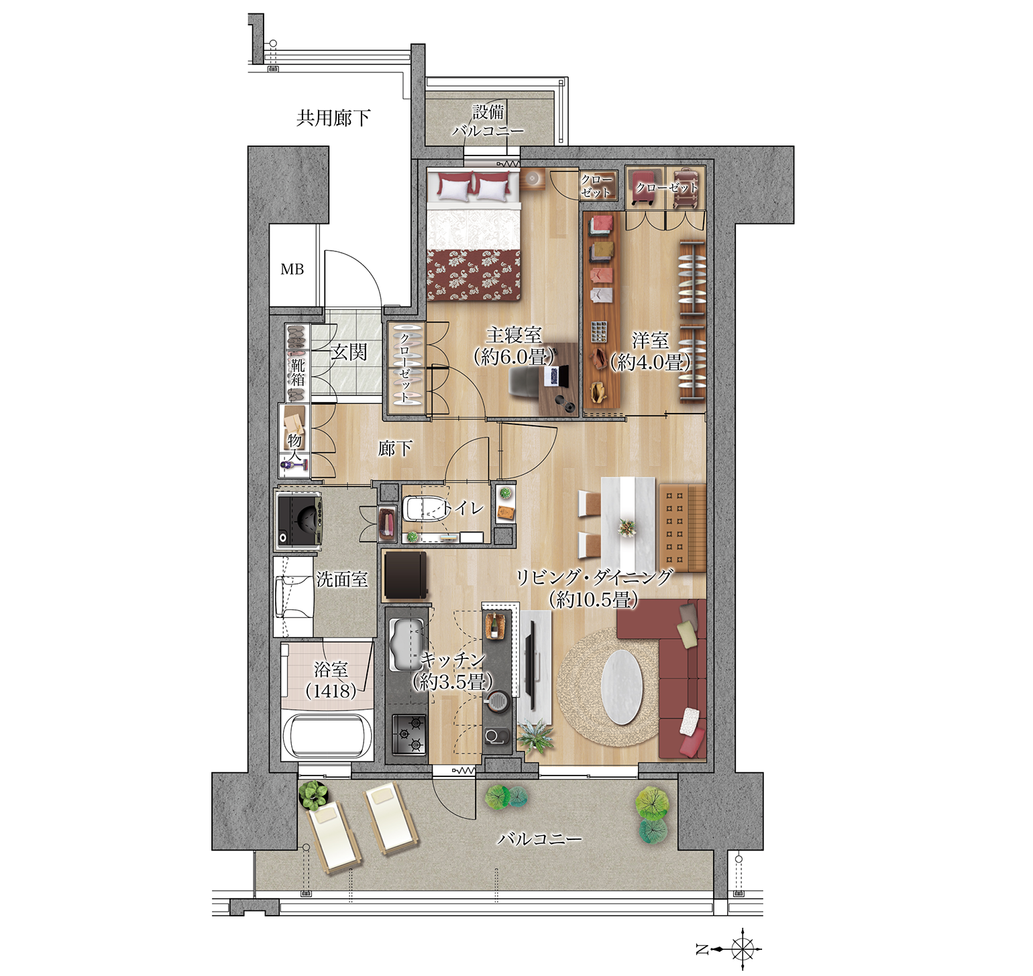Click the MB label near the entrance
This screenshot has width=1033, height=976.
[x=292, y=269]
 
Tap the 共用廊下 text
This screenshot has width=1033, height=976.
[x=333, y=118]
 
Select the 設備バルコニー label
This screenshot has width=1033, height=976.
[x=488, y=121]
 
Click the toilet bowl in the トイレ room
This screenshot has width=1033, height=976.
[x=422, y=509]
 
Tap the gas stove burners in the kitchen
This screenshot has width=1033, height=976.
[x=409, y=733]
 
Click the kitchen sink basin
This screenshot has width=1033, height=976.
[x=405, y=644]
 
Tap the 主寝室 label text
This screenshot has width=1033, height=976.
[x=514, y=334]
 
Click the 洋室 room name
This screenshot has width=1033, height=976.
[x=650, y=341]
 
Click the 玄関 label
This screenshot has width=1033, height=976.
[x=349, y=352]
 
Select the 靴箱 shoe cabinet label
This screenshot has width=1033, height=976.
[x=298, y=373]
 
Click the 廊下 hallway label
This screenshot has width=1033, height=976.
[x=395, y=448]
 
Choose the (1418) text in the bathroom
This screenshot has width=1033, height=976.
[x=331, y=690]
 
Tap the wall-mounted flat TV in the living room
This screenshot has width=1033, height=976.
[x=530, y=664]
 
